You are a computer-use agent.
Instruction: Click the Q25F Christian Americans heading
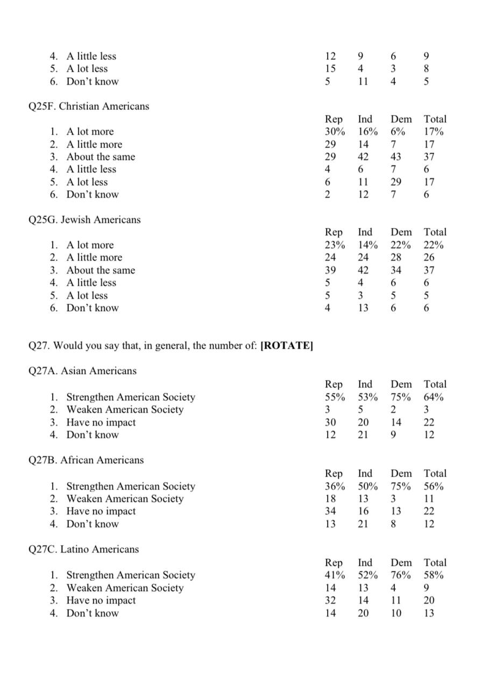89,106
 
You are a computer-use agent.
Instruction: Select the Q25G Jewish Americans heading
84,220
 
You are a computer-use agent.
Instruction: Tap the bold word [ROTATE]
286,346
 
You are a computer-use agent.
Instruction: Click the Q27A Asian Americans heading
82,371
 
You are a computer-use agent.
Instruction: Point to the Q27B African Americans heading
86,460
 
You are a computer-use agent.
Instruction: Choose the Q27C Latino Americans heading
83,549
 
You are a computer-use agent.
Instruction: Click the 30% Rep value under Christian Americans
335,132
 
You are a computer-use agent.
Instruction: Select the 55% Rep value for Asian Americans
335,397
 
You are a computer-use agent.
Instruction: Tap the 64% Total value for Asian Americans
433,397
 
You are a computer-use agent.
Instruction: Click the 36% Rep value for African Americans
335,486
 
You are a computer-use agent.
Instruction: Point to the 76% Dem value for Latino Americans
400,575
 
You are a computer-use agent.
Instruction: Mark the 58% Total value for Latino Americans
433,575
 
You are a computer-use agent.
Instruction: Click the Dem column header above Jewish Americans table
401,232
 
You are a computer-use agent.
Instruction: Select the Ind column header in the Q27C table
365,563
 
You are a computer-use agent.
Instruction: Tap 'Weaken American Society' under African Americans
125,499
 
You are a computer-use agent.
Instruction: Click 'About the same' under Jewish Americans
101,270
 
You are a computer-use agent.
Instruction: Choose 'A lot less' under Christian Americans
87,182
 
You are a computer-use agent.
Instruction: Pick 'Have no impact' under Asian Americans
101,422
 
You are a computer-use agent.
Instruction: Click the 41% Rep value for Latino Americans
335,575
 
